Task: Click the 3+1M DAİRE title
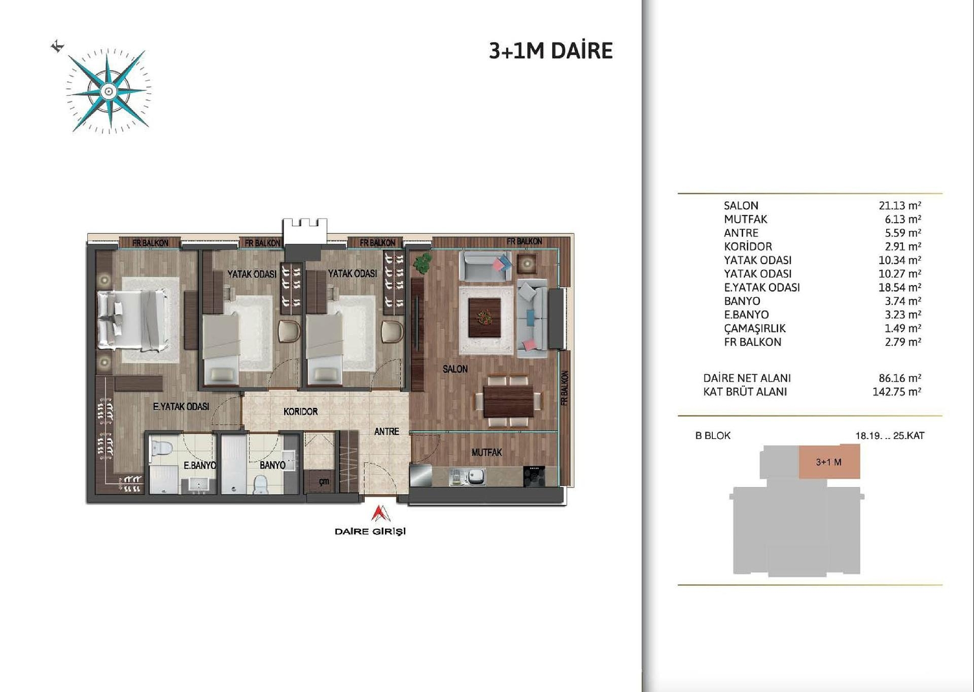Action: (550, 51)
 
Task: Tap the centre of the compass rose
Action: (108, 91)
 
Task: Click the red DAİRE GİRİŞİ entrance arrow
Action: (379, 513)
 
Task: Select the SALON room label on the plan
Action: (455, 369)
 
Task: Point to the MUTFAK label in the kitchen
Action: (486, 452)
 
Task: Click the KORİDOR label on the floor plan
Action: (300, 411)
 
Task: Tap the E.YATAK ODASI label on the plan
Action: (181, 406)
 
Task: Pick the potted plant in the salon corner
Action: (422, 263)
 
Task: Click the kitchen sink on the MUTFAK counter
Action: (475, 476)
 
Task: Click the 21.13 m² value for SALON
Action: (899, 205)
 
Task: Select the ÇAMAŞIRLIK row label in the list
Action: (754, 328)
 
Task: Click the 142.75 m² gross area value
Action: (896, 392)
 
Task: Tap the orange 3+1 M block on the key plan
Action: (829, 462)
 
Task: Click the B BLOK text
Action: (713, 435)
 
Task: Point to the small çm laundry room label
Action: (324, 481)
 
